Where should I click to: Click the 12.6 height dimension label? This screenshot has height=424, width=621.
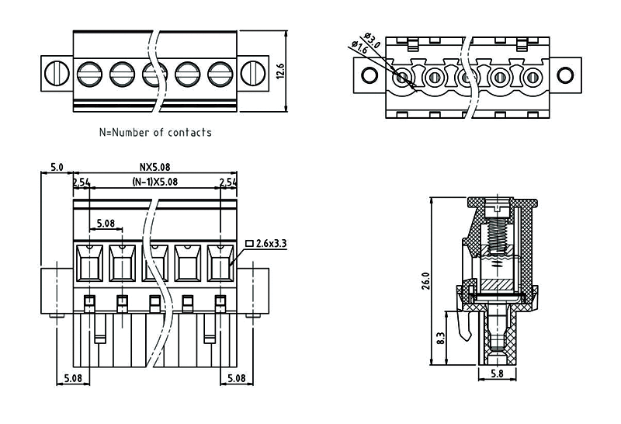[x=281, y=71]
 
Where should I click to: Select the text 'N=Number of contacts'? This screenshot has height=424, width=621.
[x=155, y=132]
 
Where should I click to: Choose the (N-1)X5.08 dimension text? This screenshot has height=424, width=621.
[x=154, y=182]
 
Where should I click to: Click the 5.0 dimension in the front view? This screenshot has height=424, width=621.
[x=57, y=167]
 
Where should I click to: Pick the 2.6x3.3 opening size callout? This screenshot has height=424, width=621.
[x=272, y=243]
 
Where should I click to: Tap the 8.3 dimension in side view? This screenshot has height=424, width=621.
[x=442, y=339]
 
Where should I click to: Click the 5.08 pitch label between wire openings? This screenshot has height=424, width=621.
[x=106, y=224]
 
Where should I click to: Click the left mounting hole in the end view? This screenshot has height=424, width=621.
[x=369, y=76]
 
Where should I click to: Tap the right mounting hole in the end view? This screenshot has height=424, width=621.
[x=566, y=76]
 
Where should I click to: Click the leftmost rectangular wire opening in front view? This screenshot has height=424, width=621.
[x=90, y=262]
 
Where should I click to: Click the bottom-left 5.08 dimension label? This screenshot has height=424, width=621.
[x=73, y=378]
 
